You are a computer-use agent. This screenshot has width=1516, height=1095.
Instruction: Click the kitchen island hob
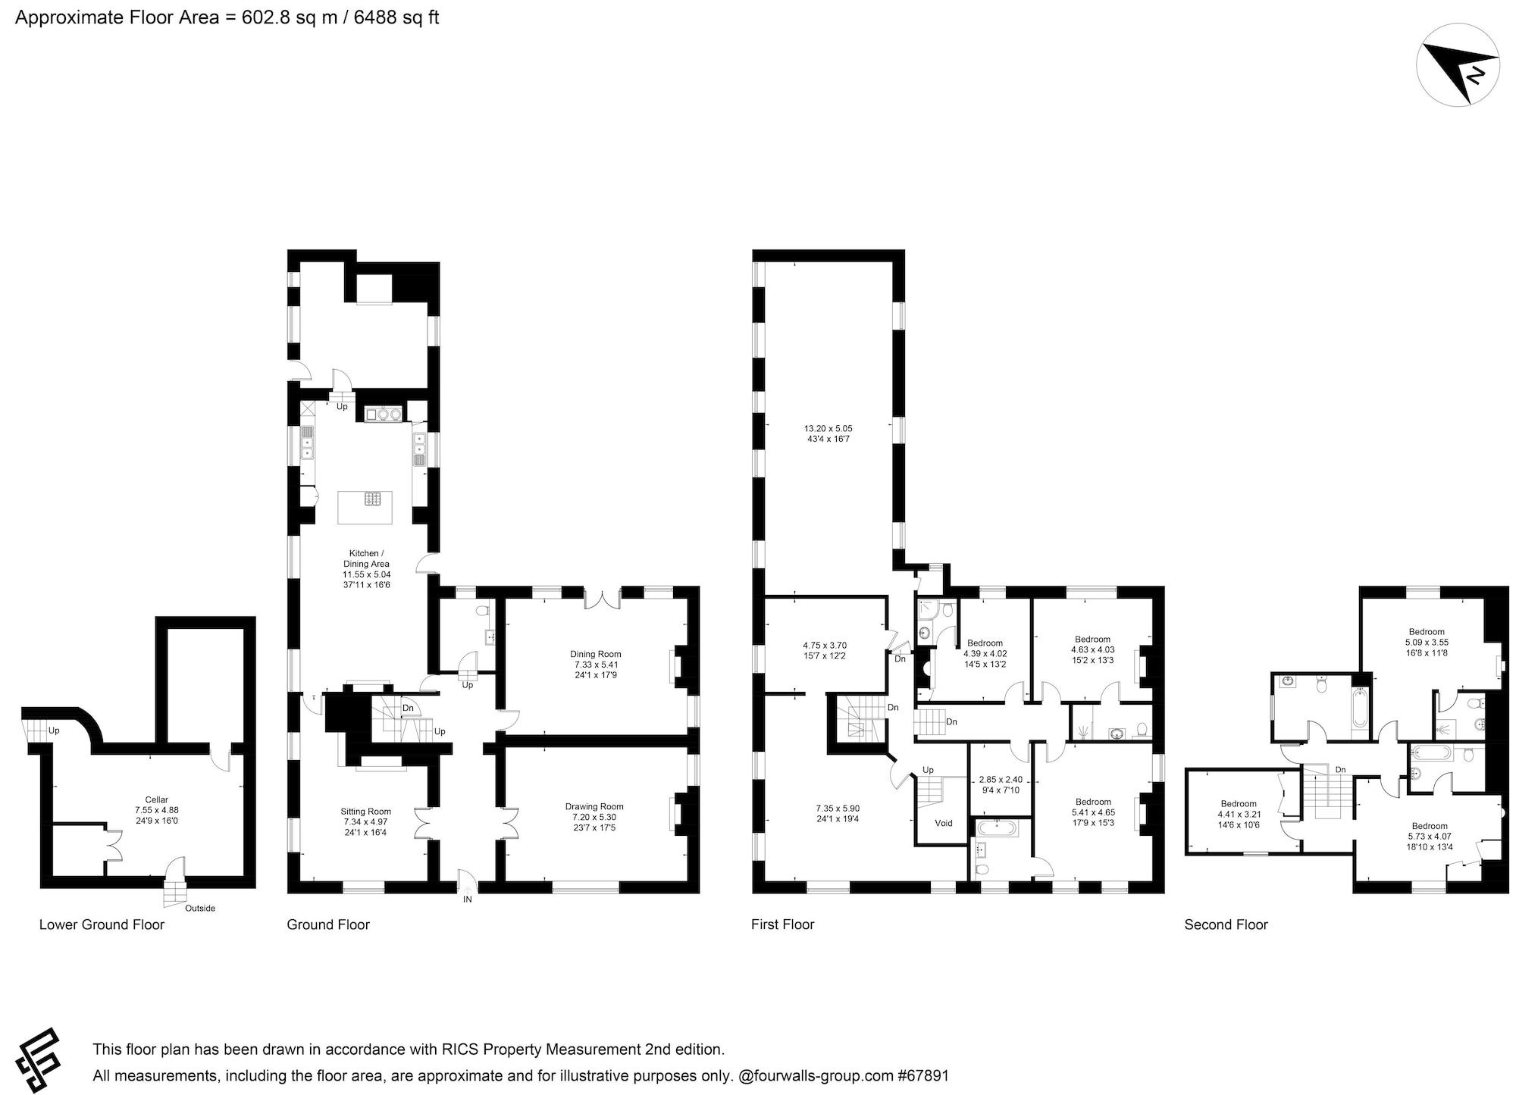click(x=373, y=499)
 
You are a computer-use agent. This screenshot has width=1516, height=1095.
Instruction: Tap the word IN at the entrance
click(x=468, y=899)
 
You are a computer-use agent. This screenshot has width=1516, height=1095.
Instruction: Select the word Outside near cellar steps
click(x=200, y=908)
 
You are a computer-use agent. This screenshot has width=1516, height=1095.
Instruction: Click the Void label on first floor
click(x=944, y=823)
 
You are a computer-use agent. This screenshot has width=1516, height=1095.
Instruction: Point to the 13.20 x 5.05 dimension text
click(x=828, y=428)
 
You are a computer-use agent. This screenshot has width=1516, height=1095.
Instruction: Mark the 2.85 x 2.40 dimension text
click(x=1000, y=779)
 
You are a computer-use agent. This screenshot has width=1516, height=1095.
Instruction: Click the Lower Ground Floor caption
click(x=102, y=924)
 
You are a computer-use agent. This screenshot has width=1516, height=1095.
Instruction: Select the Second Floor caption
click(x=1226, y=924)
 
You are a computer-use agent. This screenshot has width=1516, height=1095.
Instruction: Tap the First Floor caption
click(x=783, y=924)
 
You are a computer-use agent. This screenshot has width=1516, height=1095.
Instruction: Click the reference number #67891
click(x=922, y=1075)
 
